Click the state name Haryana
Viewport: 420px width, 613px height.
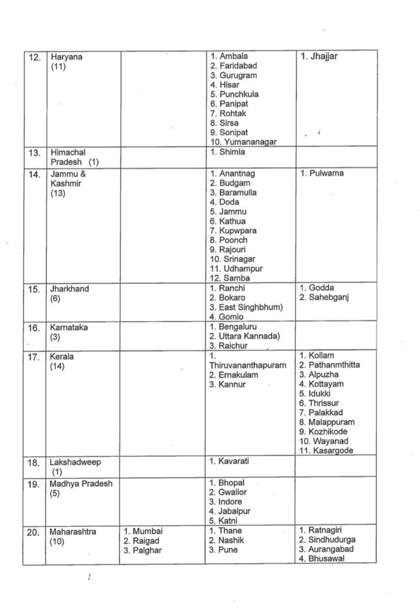pyautogui.click(x=66, y=57)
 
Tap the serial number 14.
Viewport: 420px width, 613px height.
pyautogui.click(x=34, y=174)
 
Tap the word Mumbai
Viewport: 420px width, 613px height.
pyautogui.click(x=147, y=530)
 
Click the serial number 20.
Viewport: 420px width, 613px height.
pyautogui.click(x=34, y=530)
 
